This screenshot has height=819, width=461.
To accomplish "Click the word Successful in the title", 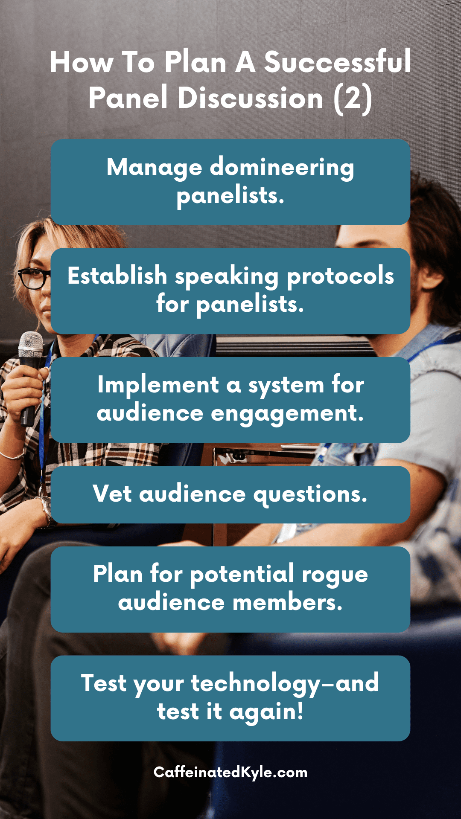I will pos(337,62).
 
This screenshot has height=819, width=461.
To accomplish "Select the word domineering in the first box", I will pos(282,167).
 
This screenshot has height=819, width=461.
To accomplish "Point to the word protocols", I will pos(340,276).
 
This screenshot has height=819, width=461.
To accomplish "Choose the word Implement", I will pos(158,385).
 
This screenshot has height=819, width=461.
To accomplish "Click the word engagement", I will pos(287,414).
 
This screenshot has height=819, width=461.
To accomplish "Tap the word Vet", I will pos(112,494).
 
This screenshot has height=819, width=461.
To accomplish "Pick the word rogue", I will pos(335,575).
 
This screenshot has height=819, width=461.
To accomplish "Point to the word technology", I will pos(255,684).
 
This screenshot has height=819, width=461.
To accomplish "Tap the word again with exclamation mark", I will pos(266,712).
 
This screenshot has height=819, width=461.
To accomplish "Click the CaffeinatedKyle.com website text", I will pos(230,773).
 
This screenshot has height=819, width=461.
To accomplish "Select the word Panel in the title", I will pos(128,98).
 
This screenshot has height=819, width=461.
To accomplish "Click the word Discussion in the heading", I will pos(250,98).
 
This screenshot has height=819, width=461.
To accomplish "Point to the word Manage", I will pos(154,167).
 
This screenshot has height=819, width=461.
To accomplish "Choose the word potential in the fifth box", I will pos(242,575).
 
